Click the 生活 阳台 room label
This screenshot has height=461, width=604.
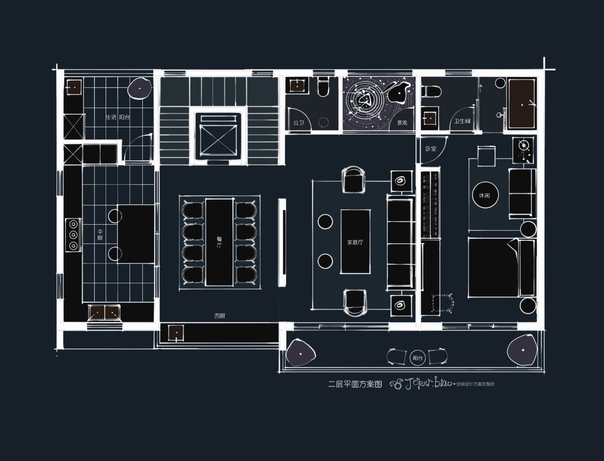click(118, 117)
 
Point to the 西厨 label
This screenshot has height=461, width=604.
click(220, 316)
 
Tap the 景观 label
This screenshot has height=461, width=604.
click(402, 123)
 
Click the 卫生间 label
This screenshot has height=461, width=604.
click(462, 121)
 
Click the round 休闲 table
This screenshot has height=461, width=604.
click(485, 195)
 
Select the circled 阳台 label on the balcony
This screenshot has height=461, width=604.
click(418, 358)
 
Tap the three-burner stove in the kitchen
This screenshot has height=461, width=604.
click(73, 235)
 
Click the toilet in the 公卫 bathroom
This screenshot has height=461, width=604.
click(323, 86)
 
